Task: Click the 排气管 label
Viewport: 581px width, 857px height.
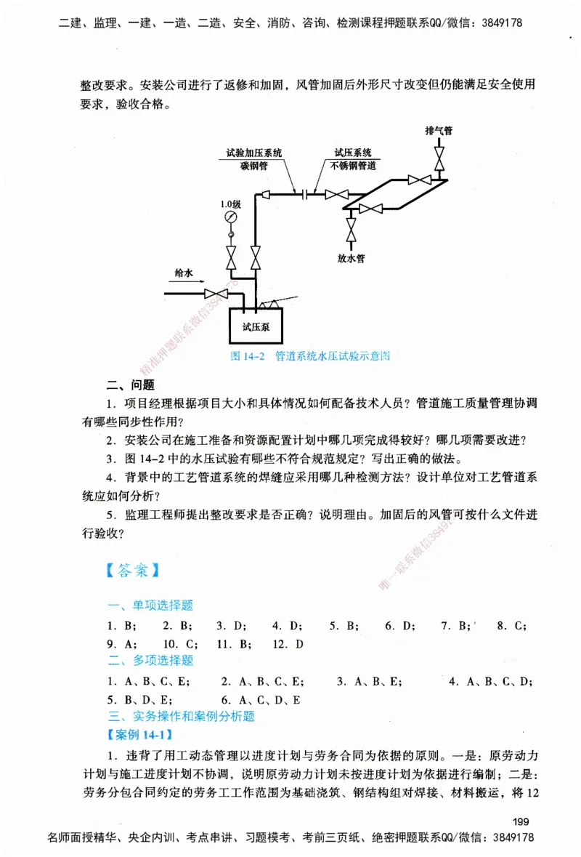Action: coord(439,131)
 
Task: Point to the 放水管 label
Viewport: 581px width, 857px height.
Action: coord(352,257)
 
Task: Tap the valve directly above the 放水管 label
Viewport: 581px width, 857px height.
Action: coord(352,232)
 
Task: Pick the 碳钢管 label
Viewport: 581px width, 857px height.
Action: coord(254,165)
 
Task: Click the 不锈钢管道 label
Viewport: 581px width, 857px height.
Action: coord(353,165)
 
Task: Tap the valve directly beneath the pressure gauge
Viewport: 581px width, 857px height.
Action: coord(231,257)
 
